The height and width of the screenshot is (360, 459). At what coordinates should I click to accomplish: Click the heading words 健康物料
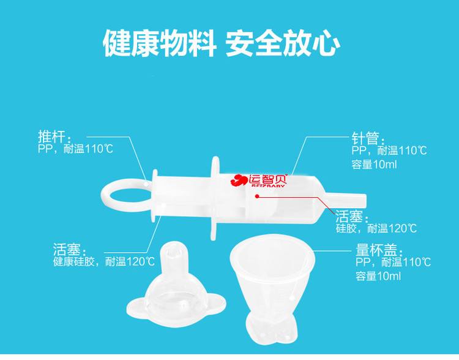pyautogui.click(x=160, y=43)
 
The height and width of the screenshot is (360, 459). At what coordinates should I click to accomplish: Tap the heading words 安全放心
pyautogui.click(x=283, y=43)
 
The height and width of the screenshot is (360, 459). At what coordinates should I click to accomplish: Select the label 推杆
pyautogui.click(x=54, y=137)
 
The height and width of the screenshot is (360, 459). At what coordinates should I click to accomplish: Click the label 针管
pyautogui.click(x=368, y=138)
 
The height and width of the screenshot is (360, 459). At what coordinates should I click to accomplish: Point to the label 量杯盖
pyautogui.click(x=379, y=250)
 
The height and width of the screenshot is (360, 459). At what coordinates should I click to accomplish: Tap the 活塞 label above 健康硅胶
pyautogui.click(x=70, y=250)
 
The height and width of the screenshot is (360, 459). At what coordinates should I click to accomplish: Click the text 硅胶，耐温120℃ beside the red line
pyautogui.click(x=376, y=228)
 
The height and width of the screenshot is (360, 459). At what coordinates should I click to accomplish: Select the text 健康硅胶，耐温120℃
pyautogui.click(x=104, y=261)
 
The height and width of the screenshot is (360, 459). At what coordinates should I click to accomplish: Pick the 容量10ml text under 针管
pyautogui.click(x=374, y=164)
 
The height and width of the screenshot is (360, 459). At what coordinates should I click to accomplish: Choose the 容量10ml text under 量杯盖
pyautogui.click(x=378, y=276)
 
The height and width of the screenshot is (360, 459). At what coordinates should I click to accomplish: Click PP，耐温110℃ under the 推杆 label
pyautogui.click(x=75, y=149)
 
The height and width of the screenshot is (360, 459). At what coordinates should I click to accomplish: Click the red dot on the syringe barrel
pyautogui.click(x=257, y=197)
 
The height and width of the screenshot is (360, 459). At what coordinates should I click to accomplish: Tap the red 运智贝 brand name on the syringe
pyautogui.click(x=268, y=179)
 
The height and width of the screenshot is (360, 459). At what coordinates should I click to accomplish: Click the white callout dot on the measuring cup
pyautogui.click(x=291, y=298)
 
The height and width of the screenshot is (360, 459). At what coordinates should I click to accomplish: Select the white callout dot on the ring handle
pyautogui.click(x=146, y=184)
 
